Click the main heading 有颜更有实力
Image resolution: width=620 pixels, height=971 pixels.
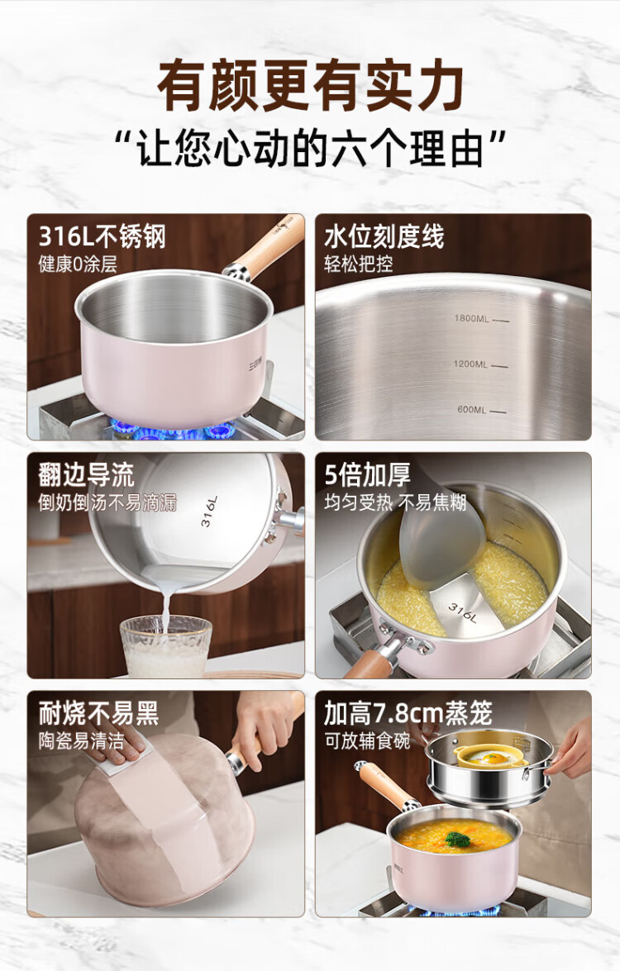[x=310, y=85]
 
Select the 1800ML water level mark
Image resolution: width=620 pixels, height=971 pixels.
[x=481, y=319]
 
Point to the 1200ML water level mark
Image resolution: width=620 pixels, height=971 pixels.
[x=480, y=364]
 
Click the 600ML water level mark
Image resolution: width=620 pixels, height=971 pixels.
[x=481, y=409]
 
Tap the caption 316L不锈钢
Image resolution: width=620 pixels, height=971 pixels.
[x=103, y=236]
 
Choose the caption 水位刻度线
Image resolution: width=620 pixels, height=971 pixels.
[x=384, y=236]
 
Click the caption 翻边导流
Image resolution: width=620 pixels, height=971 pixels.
[x=86, y=475]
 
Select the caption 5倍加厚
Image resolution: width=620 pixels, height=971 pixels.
[x=367, y=475]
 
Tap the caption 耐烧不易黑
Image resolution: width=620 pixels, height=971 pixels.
[x=98, y=713]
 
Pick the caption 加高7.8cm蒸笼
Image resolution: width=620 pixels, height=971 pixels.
[x=408, y=713]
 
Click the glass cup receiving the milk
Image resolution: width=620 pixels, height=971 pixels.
[x=166, y=646]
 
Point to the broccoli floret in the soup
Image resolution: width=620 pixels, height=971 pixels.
[x=457, y=840]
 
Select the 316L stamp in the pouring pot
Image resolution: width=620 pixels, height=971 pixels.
[x=209, y=512]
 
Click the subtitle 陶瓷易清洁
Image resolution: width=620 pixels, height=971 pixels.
[x=81, y=740]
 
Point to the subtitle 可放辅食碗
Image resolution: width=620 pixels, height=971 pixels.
[x=367, y=740]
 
